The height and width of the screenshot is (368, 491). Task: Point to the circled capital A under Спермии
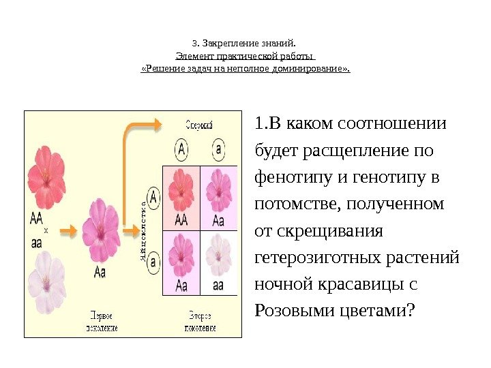(181, 148)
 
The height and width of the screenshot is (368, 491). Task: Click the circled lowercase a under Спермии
(218, 148)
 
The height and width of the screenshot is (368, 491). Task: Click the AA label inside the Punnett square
(181, 220)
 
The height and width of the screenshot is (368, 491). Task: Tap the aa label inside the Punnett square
(218, 285)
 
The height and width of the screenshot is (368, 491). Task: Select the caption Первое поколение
(102, 322)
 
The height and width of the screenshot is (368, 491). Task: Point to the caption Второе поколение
(200, 322)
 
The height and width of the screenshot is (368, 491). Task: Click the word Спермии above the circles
(200, 125)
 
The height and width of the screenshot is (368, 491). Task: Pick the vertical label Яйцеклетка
(143, 228)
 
